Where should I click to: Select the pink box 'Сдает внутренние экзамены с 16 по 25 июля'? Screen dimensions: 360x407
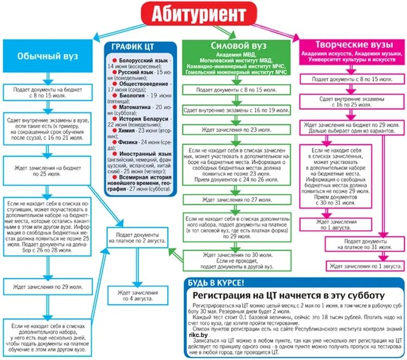(353, 103)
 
